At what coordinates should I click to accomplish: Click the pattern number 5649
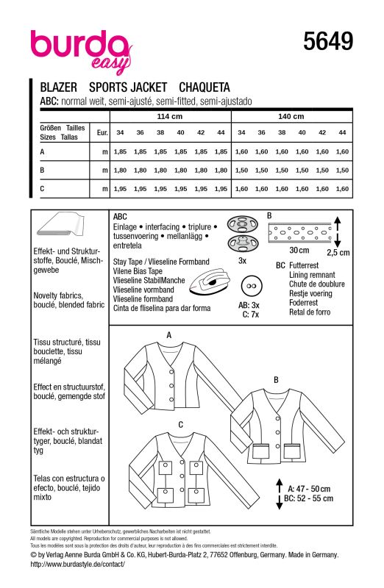pos(328,41)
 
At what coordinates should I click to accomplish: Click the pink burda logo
pos(81,51)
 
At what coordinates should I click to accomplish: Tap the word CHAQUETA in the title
pos(205,87)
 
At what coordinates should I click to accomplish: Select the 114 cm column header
pos(170,117)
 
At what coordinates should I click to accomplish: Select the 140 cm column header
pos(291,117)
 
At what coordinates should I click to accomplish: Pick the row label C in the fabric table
pos(42,189)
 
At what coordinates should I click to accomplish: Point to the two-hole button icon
pos(251,286)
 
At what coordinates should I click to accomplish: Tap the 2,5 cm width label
pos(338,252)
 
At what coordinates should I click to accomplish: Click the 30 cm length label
pos(299,250)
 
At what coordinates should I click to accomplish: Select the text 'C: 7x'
pos(250,315)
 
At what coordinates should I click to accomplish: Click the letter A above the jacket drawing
pos(169,335)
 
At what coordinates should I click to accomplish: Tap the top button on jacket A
pos(171,372)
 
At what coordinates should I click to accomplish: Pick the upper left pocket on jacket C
pos(165,466)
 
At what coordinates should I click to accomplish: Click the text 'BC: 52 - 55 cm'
pos(308,498)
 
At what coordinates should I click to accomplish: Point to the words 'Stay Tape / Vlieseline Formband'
pos(161,262)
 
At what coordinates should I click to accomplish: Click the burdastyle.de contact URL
pos(77,564)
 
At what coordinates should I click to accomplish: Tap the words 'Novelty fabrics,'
pos(58,295)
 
